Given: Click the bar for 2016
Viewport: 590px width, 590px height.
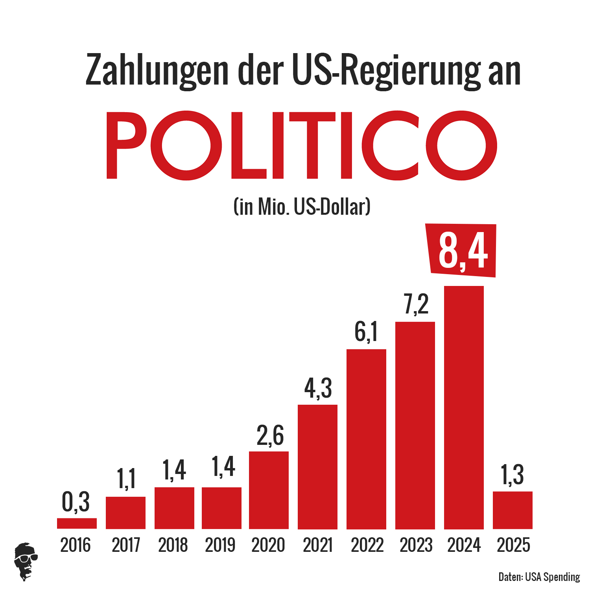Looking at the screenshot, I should (77, 523).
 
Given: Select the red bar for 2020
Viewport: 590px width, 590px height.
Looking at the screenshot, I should (269, 490).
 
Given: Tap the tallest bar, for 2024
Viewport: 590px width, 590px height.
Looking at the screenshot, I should (464, 407).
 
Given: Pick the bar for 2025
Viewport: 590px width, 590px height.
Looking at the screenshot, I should (513, 510).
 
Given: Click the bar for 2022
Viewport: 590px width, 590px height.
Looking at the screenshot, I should (366, 439).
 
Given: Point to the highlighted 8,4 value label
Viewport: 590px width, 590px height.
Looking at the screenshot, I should (463, 251).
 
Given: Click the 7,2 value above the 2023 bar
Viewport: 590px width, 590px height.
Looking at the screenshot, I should (416, 304).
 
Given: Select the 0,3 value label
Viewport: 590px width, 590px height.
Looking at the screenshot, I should (76, 502).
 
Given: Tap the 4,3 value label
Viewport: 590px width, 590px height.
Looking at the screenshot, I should (318, 388).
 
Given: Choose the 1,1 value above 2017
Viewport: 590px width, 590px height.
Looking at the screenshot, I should (126, 479).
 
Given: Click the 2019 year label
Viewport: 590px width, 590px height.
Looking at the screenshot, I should (220, 545).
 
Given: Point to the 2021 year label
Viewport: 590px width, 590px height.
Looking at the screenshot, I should (318, 545).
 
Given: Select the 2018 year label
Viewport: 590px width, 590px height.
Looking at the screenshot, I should (173, 545).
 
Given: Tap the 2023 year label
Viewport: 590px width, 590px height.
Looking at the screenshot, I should (416, 545).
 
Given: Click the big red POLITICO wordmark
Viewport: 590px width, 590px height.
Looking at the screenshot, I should (302, 146).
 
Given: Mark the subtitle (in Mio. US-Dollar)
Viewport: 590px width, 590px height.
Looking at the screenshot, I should (302, 206).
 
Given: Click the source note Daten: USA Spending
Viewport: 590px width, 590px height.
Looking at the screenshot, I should (539, 577).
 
